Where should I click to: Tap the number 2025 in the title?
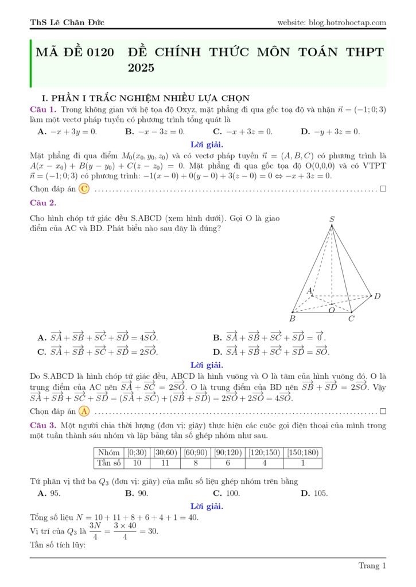click(141, 68)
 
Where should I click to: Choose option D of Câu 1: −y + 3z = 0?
click(331, 132)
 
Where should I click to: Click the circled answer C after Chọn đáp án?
click(84, 189)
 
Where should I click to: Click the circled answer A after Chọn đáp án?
click(84, 411)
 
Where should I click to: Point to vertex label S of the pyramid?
click(332, 219)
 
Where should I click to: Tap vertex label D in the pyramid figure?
click(377, 296)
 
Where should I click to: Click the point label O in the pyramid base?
click(331, 310)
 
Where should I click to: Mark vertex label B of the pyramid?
click(292, 318)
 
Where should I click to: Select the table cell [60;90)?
click(196, 452)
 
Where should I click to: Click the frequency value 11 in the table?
click(166, 463)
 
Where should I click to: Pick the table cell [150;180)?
click(303, 452)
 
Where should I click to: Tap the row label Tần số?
click(108, 463)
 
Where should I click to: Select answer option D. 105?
click(314, 493)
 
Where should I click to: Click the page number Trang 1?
click(372, 566)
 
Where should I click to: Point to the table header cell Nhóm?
click(108, 452)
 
